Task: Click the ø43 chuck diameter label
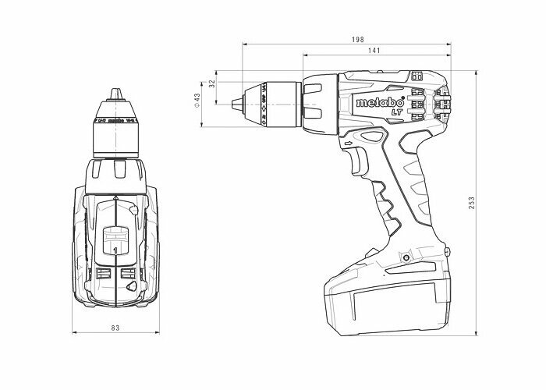coord(197,101)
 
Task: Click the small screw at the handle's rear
coord(448,250)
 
